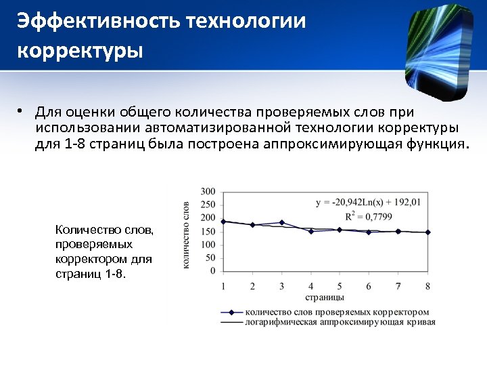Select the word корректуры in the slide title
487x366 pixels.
coord(80,51)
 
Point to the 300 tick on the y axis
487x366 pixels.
coord(208,191)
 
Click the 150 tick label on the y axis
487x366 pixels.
coord(208,231)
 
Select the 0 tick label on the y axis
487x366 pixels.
coord(212,271)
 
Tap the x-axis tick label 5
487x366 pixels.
coord(340,286)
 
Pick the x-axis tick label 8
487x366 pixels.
coord(427,286)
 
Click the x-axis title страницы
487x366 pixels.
coord(325,297)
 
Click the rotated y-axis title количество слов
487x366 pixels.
coord(187,234)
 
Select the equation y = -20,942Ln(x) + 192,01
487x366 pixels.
coord(368,201)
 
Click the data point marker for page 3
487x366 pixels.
coord(281,222)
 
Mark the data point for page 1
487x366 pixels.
coord(223,222)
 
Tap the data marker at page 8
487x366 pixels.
coord(427,232)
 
